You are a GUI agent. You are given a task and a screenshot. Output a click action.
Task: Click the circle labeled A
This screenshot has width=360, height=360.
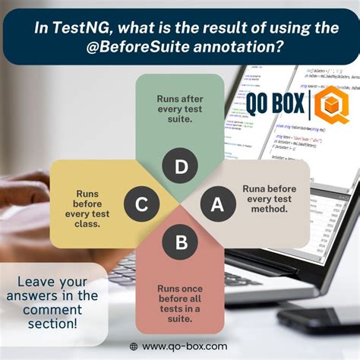[216, 204]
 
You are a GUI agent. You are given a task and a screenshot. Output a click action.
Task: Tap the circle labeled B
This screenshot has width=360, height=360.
[181, 242]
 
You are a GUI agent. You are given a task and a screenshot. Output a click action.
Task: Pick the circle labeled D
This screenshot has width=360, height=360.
[181, 167]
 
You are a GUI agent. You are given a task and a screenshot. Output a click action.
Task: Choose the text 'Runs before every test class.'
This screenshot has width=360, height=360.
[92, 204]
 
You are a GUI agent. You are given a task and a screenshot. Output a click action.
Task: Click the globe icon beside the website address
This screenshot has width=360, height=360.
[134, 346]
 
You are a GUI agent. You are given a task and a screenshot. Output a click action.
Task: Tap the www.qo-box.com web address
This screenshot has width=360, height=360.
[185, 346]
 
